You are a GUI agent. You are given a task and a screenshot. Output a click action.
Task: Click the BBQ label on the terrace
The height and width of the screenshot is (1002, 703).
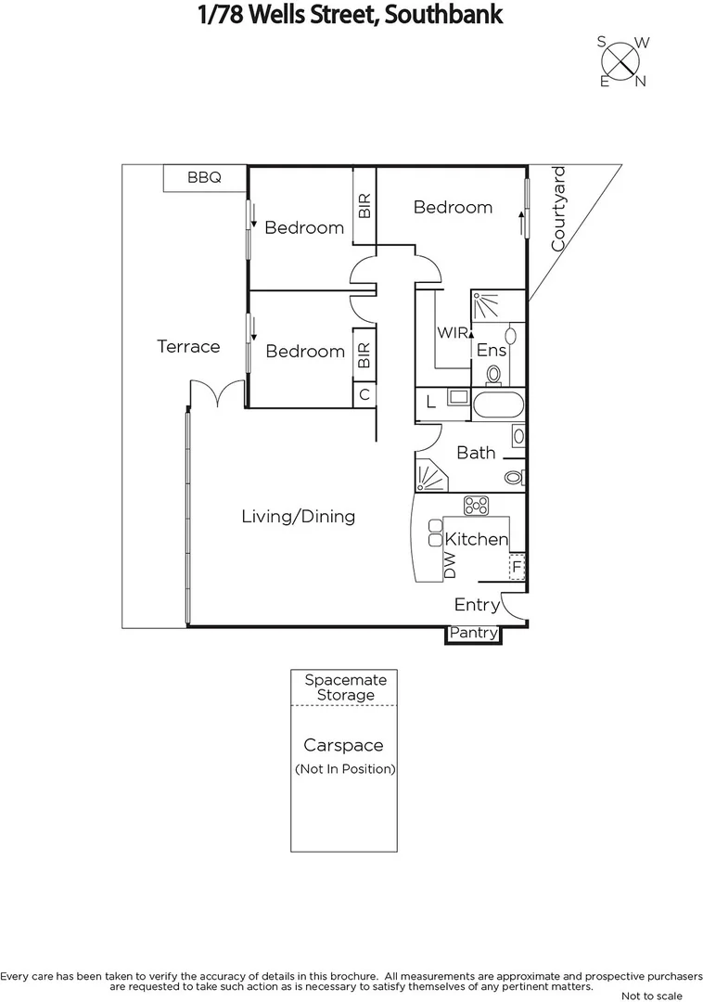coord(204,178)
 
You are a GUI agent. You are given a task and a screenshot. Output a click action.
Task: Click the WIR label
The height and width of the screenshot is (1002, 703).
coord(454,332)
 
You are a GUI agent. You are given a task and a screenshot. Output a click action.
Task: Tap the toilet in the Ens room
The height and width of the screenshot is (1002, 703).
coord(493,373)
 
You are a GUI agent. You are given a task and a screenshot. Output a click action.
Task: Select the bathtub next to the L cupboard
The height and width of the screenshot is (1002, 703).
coord(498,405)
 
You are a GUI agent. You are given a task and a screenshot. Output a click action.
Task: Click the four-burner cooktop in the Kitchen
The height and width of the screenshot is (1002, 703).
coord(477,506)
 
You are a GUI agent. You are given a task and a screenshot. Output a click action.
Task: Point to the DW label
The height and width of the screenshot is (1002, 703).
coord(450,566)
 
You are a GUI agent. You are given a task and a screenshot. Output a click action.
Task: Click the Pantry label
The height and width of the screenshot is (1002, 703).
coord(474,635)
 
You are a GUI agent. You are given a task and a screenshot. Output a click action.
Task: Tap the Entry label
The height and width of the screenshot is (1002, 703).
coord(477,605)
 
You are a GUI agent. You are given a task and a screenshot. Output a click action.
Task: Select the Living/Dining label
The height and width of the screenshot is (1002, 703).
coord(298,517)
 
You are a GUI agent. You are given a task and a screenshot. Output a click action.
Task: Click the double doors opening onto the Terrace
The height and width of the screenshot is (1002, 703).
coord(216,393)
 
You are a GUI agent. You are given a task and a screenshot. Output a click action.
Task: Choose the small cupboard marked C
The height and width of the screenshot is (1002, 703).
coord(364,394)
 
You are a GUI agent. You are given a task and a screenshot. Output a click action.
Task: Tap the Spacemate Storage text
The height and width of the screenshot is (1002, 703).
coord(345,687)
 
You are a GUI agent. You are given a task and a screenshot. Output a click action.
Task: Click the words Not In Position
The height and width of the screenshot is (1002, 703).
coord(345,769)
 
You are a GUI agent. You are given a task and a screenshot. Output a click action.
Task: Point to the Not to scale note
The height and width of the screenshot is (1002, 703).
coord(651,996)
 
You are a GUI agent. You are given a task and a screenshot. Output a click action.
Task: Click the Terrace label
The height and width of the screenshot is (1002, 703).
coord(188,346)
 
